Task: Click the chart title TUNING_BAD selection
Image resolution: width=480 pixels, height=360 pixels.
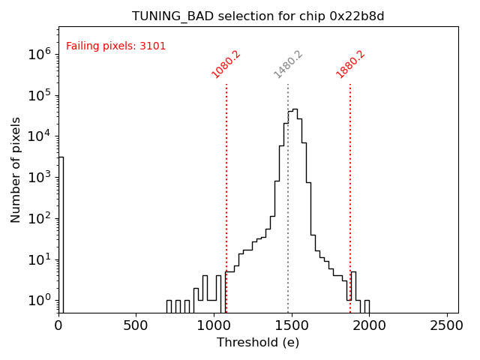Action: tap(259, 16)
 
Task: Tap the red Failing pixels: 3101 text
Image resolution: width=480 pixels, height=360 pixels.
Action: tap(116, 46)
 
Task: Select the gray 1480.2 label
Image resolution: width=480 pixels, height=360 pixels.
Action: tap(288, 64)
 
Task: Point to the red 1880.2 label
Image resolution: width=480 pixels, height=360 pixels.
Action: tap(350, 64)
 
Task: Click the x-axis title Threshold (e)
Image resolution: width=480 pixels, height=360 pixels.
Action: tap(258, 343)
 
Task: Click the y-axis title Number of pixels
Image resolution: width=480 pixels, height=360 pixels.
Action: tap(16, 169)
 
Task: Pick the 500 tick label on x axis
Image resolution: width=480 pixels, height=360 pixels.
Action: tap(136, 326)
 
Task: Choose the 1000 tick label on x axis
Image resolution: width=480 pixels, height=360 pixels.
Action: tap(214, 326)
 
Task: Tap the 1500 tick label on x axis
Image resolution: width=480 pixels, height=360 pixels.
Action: tap(292, 326)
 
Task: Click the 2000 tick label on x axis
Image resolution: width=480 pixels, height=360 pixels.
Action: tap(369, 326)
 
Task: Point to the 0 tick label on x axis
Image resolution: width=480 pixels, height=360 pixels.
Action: tap(58, 326)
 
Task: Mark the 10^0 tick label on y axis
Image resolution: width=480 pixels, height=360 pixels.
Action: tap(38, 301)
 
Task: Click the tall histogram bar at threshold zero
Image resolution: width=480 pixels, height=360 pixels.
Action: tap(61, 232)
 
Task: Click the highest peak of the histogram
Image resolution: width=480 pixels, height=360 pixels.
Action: tap(295, 109)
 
